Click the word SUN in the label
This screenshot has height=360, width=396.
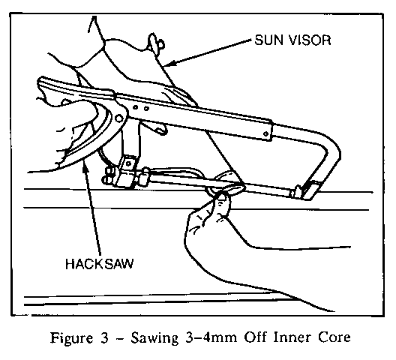pyautogui.click(x=269, y=40)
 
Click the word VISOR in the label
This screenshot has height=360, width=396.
pyautogui.click(x=310, y=40)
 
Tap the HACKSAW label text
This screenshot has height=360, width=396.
pyautogui.click(x=99, y=264)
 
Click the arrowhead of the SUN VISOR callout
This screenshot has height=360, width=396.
pyautogui.click(x=169, y=63)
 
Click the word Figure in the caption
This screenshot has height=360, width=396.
pyautogui.click(x=71, y=338)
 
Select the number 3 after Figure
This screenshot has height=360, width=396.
pyautogui.click(x=104, y=337)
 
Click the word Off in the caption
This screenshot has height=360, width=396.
pyautogui.click(x=255, y=337)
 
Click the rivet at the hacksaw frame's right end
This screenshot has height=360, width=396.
pyautogui.click(x=265, y=133)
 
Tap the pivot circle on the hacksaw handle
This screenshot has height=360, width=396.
pyautogui.click(x=118, y=118)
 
